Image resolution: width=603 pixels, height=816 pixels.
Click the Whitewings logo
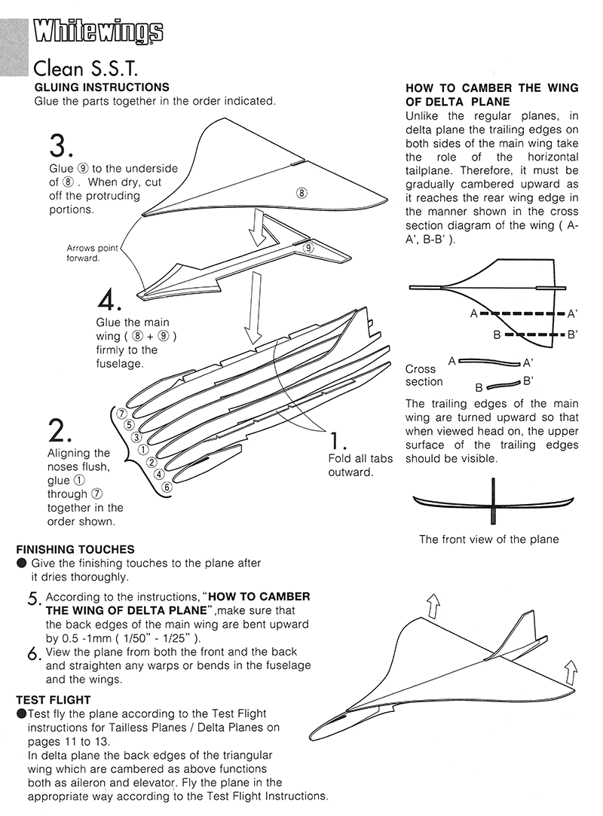click(x=98, y=32)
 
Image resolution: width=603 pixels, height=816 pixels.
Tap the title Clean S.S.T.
click(x=84, y=69)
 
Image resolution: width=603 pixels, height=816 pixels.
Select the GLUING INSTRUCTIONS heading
click(x=102, y=87)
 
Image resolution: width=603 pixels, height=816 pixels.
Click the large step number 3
click(x=62, y=146)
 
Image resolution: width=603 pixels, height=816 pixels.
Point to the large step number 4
click(x=112, y=302)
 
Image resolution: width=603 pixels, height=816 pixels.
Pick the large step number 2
click(x=60, y=430)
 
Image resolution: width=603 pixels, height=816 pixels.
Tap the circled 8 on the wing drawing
click(x=301, y=193)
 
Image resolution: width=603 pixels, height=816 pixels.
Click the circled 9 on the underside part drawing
click(x=308, y=247)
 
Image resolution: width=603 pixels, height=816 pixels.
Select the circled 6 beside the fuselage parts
click(x=167, y=487)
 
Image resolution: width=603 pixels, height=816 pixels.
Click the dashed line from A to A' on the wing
click(x=523, y=313)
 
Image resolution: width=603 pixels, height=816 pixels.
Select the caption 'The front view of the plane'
click(x=488, y=539)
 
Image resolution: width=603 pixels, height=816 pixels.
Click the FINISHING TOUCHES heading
click(x=75, y=549)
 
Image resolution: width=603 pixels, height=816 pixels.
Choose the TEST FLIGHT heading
click(x=54, y=699)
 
